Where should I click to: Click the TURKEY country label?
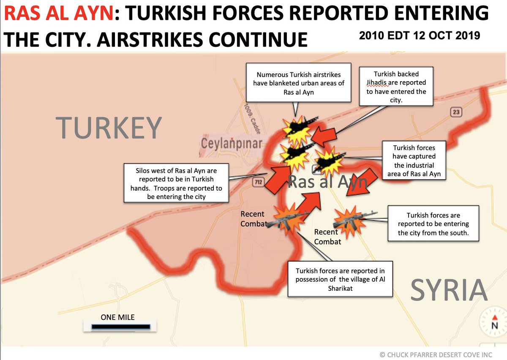[x=109, y=127]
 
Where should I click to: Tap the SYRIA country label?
[x=449, y=290]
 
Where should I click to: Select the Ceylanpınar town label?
[x=231, y=144]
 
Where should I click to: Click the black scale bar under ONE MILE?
[x=121, y=327]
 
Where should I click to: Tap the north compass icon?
[x=493, y=323]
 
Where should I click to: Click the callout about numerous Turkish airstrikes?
[x=299, y=83]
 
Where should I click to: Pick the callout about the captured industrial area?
[x=414, y=161]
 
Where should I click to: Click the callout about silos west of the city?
[x=176, y=183]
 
